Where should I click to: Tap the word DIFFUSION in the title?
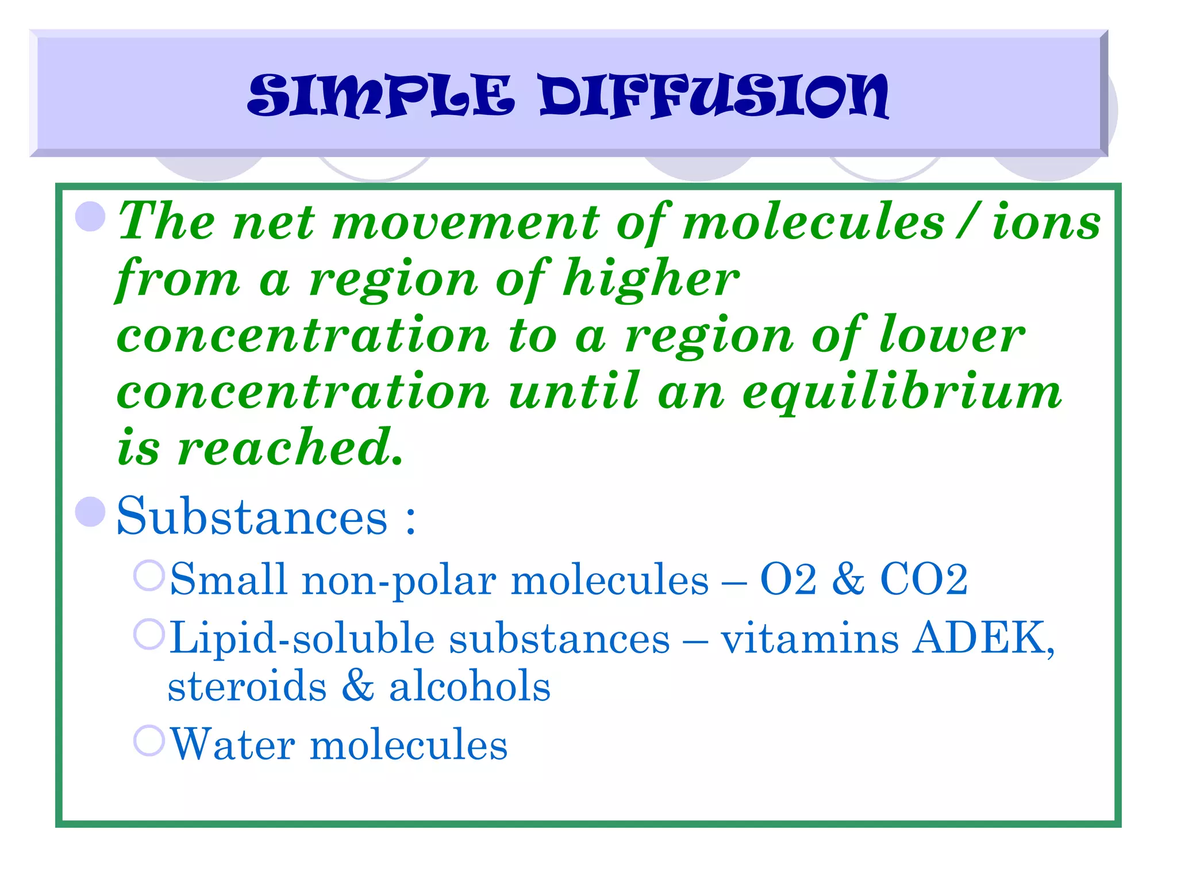[x=714, y=96]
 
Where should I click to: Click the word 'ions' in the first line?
[x=1046, y=222]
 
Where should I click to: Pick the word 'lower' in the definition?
[x=952, y=335]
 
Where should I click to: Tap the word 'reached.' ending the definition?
[x=290, y=448]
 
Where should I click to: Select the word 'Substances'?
[x=252, y=516]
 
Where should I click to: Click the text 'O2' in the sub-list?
[x=788, y=579]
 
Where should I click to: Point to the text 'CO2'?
[x=924, y=579]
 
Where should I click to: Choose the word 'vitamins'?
[x=810, y=639]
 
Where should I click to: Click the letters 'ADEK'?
[x=980, y=639]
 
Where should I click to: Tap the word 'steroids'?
[x=247, y=686]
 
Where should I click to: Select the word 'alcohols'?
[x=470, y=686]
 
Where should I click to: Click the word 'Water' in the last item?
[x=233, y=744]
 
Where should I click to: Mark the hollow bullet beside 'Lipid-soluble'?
[x=149, y=635]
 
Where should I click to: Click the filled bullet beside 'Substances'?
[x=91, y=511]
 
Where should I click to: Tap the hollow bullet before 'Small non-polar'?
[x=149, y=575]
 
